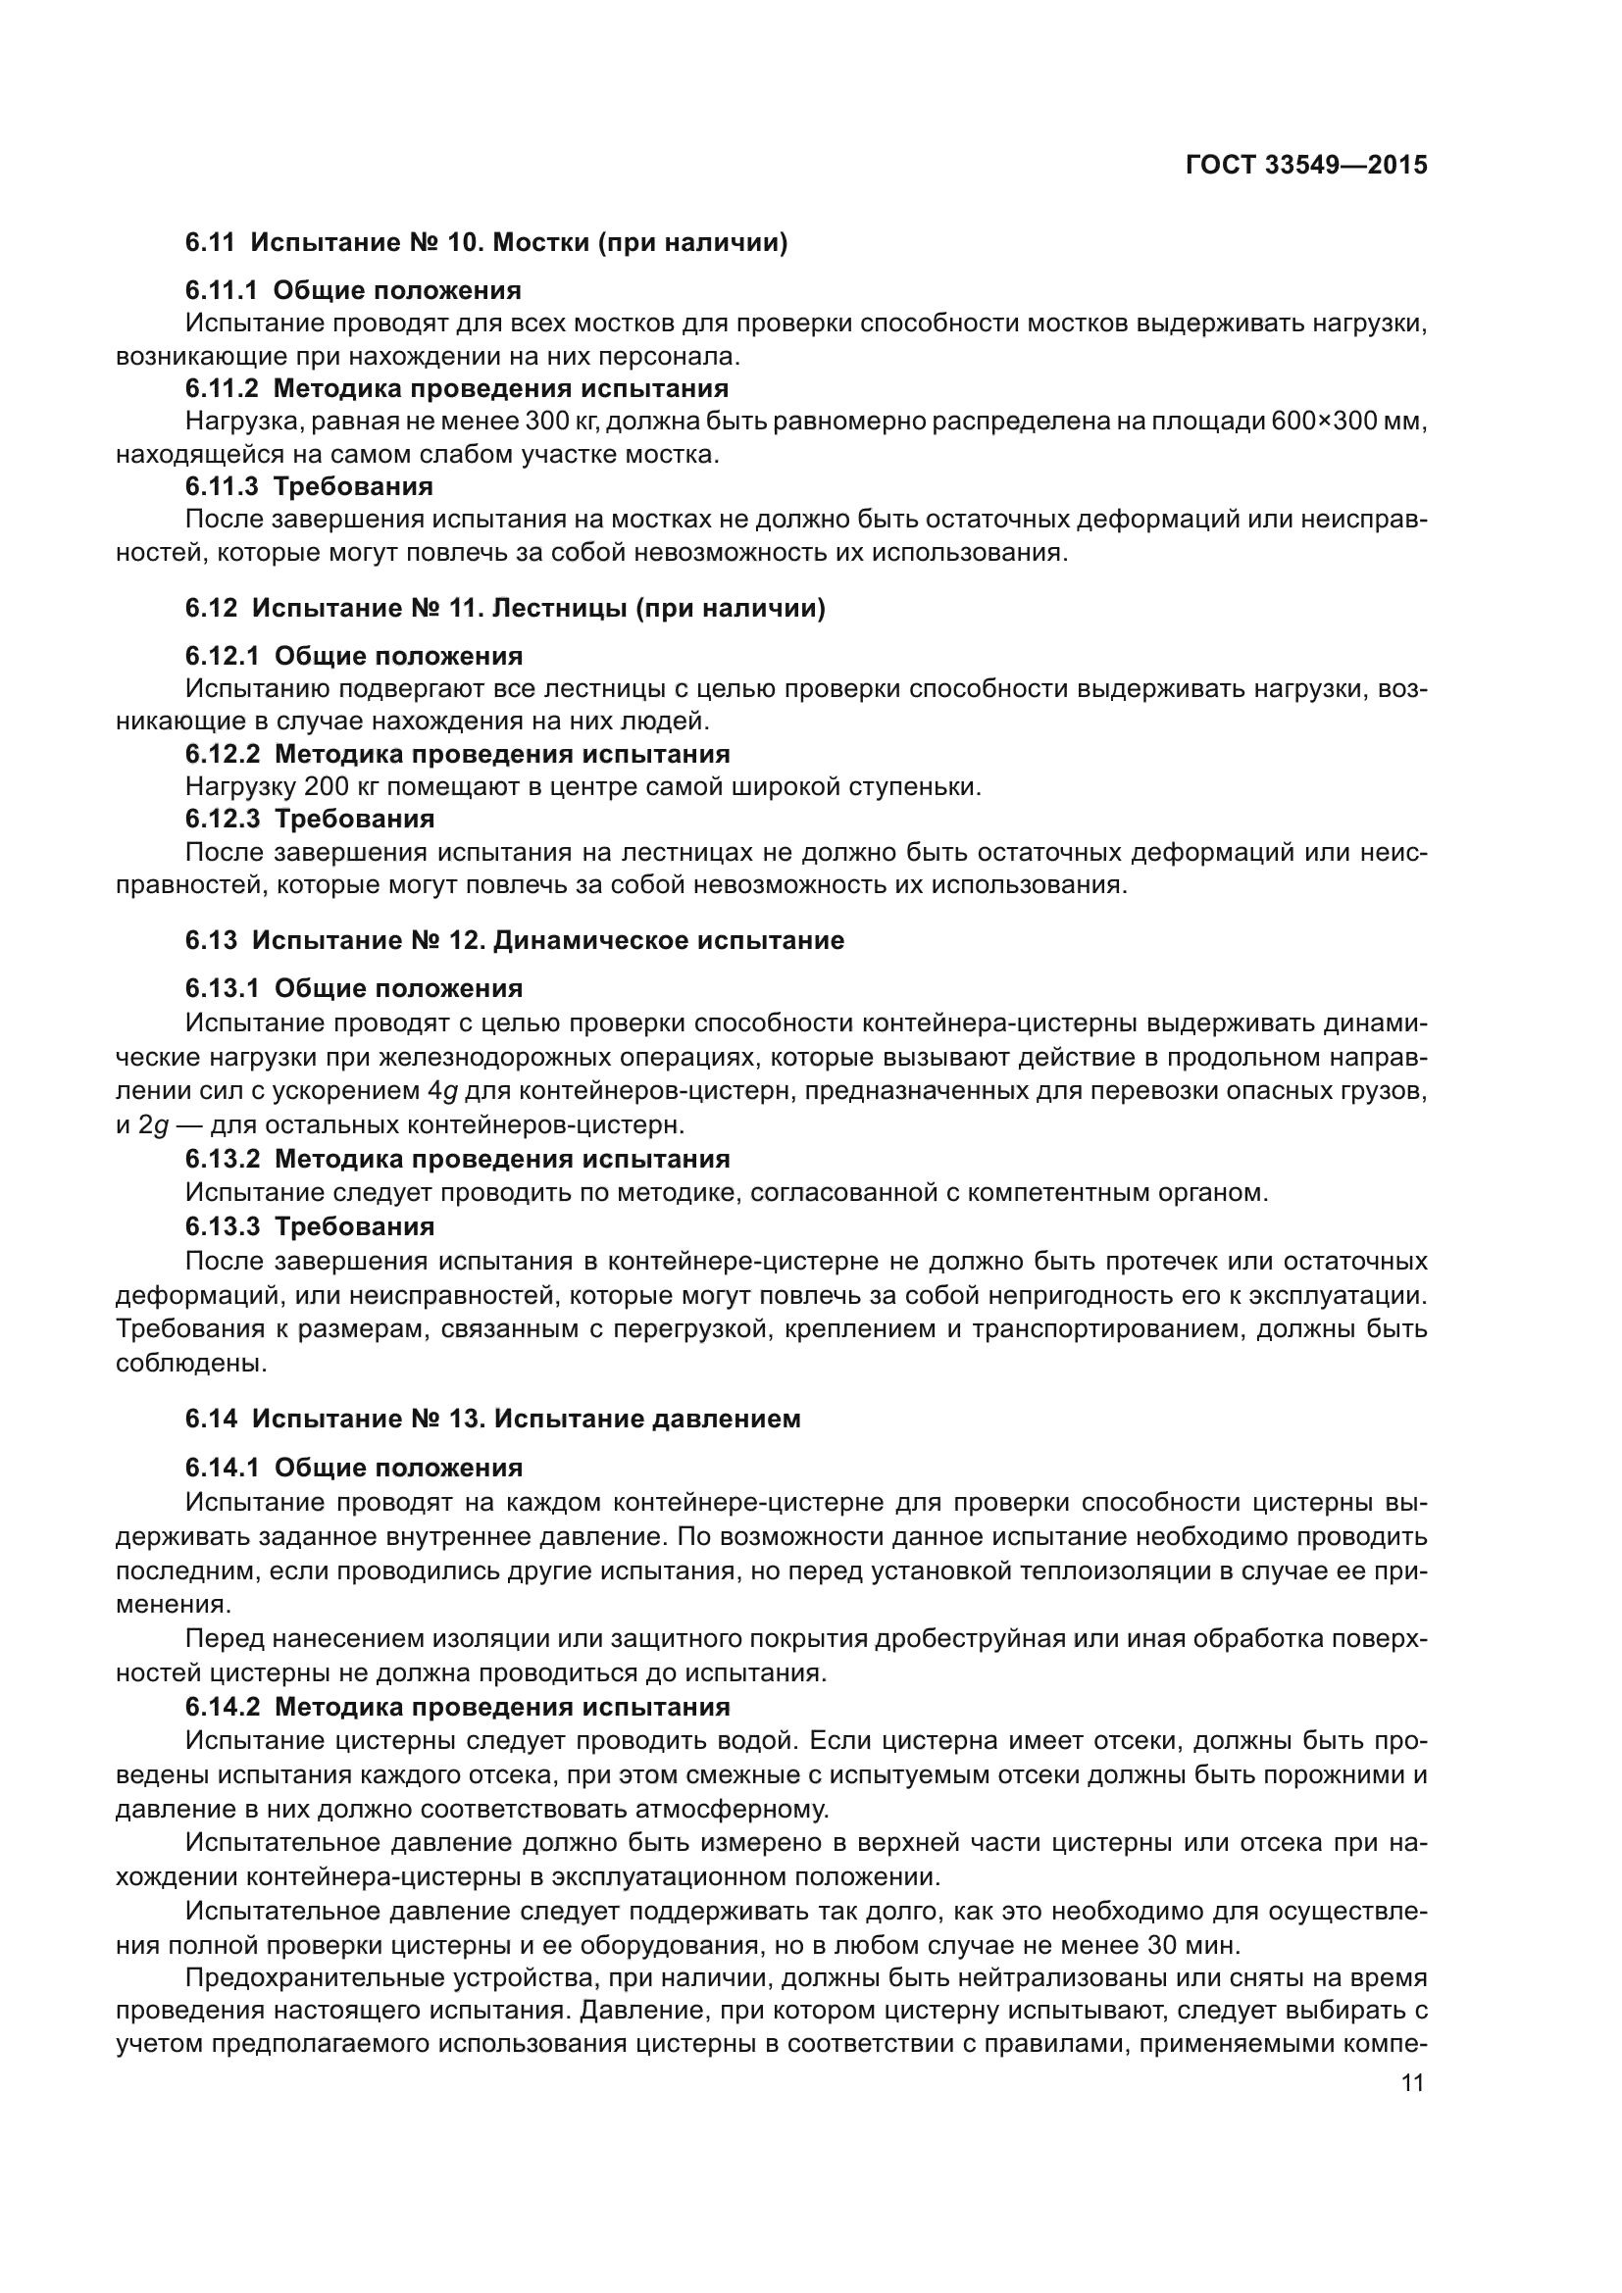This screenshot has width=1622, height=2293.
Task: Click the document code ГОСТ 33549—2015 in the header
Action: tap(1305, 165)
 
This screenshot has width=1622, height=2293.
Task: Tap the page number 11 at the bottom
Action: tap(1411, 2082)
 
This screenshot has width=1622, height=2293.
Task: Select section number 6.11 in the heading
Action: tap(210, 243)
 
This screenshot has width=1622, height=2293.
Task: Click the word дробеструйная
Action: tap(969, 1639)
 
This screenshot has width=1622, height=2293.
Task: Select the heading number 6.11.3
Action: tap(221, 486)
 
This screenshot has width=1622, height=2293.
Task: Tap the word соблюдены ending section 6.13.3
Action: tap(191, 1363)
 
